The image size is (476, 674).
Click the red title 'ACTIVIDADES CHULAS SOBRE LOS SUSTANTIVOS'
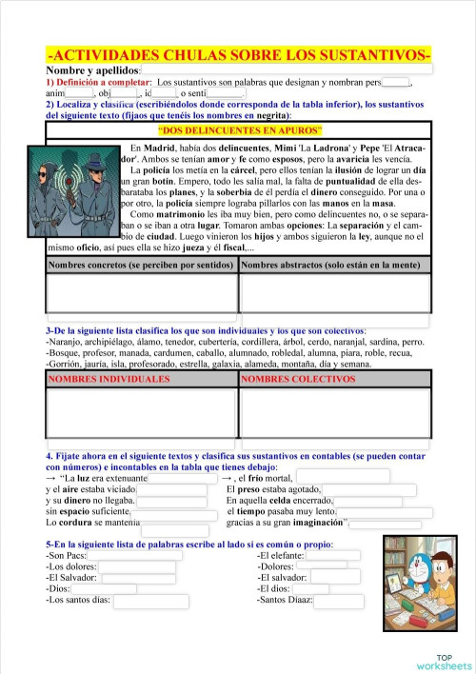tap(238, 56)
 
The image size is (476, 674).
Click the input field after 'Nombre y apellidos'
tap(286, 70)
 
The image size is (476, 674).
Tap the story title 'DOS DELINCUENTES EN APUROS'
tap(239, 129)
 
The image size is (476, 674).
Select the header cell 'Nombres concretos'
tap(141, 264)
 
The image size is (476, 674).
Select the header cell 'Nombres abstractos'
tap(335, 264)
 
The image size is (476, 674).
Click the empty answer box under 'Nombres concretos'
tap(141, 293)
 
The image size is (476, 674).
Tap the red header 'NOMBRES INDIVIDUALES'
tap(141, 379)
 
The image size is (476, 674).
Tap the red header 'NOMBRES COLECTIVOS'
tap(335, 379)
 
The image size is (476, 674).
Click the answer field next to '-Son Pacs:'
tap(133, 555)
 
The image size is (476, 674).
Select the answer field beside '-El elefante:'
tap(332, 555)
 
